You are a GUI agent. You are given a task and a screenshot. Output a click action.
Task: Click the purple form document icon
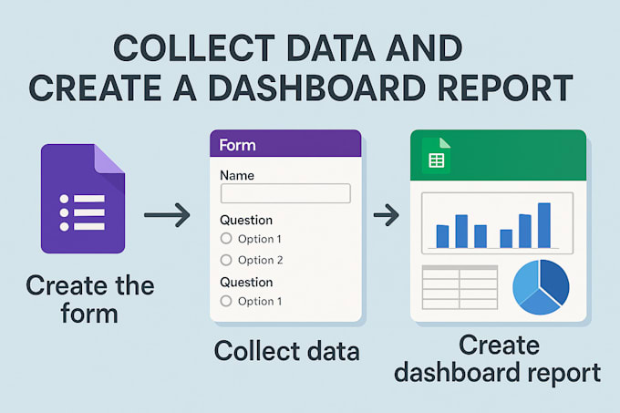click(x=83, y=200)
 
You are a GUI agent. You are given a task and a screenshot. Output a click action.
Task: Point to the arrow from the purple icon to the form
click(x=167, y=215)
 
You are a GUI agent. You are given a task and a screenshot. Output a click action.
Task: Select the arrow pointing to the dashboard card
click(x=387, y=215)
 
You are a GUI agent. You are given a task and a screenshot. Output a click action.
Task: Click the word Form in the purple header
click(x=238, y=145)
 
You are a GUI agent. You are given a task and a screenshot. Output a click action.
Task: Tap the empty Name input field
click(x=285, y=192)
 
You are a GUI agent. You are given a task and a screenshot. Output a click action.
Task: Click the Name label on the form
click(x=237, y=174)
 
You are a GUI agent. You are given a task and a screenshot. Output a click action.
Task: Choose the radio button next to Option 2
click(x=226, y=260)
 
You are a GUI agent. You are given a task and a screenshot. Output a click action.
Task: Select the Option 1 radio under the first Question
click(x=226, y=239)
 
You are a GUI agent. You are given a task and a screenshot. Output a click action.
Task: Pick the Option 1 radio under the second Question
click(x=226, y=301)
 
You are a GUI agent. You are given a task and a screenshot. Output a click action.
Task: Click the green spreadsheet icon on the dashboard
click(x=435, y=160)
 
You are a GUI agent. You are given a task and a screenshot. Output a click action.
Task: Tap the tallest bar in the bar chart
click(x=543, y=225)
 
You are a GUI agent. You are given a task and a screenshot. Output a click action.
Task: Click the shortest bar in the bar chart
click(x=506, y=238)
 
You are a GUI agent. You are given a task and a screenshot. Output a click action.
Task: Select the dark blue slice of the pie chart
click(x=554, y=283)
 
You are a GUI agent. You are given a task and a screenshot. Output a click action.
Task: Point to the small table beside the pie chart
click(x=459, y=289)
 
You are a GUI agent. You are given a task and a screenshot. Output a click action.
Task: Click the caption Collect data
click(x=286, y=351)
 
